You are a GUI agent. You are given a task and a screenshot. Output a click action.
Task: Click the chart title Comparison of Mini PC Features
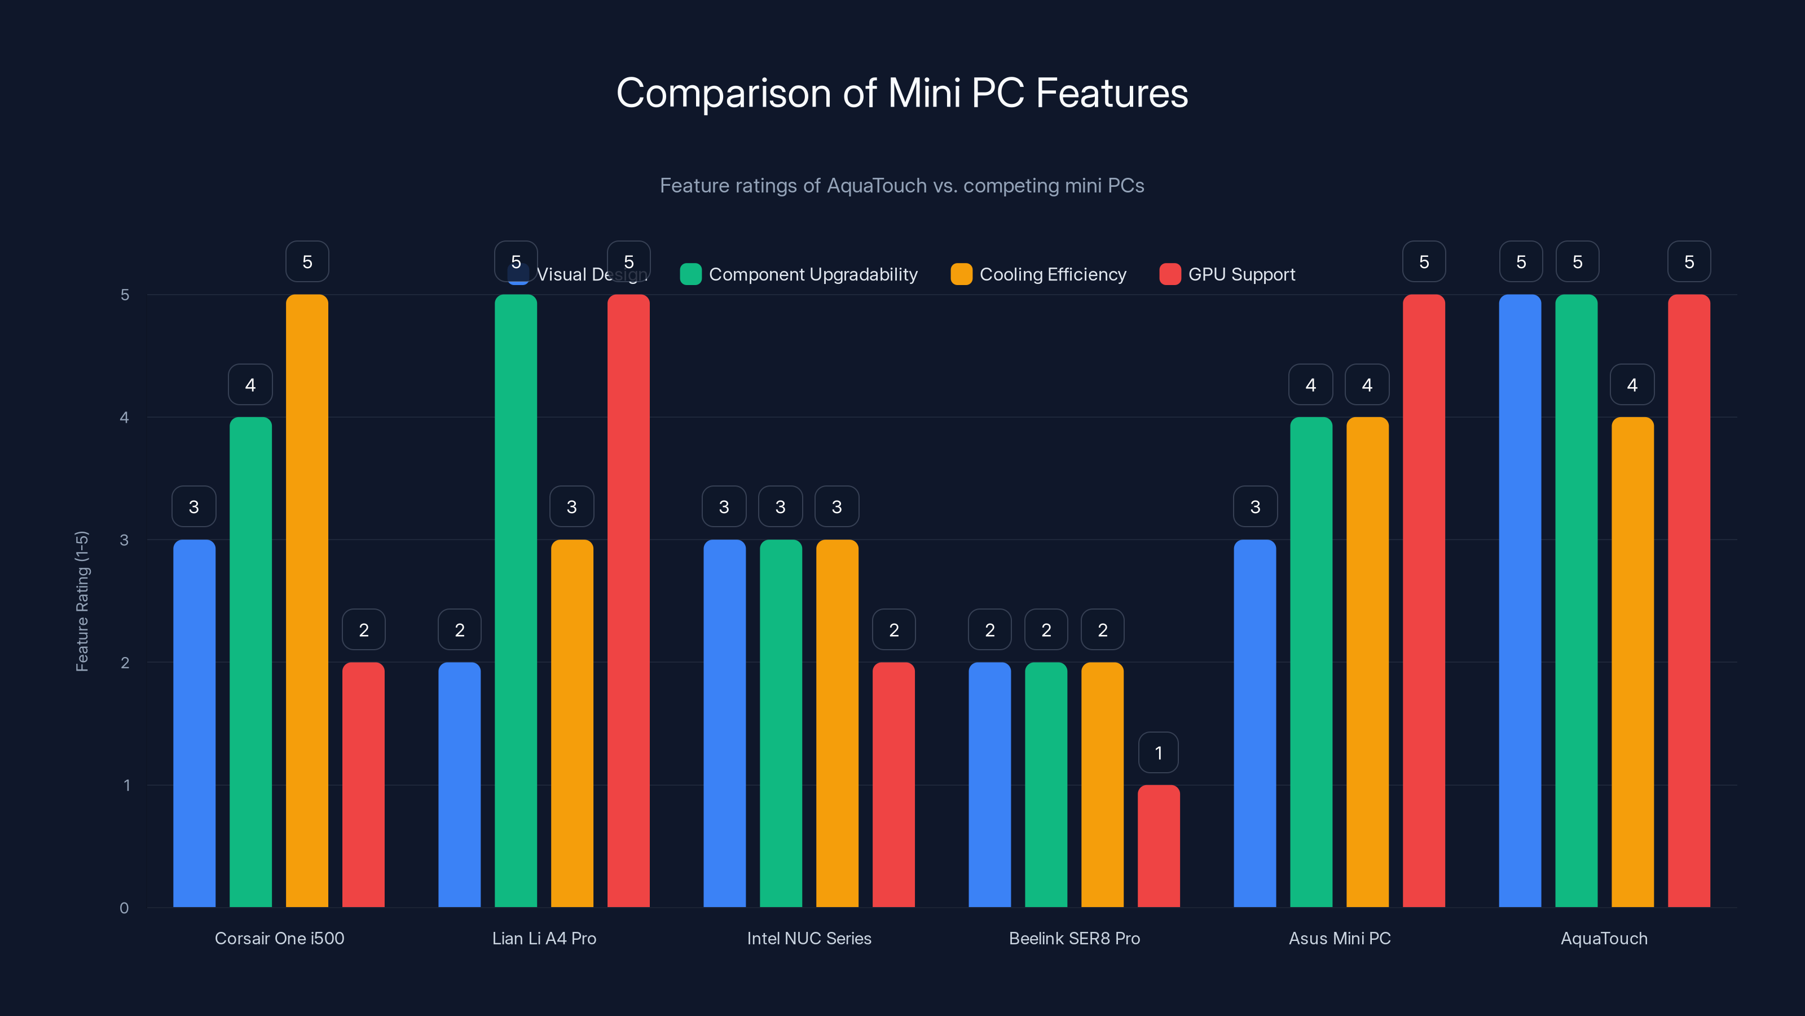click(902, 93)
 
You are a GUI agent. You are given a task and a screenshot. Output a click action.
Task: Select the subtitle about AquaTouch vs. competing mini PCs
click(902, 186)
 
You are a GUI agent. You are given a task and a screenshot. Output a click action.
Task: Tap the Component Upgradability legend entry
click(799, 274)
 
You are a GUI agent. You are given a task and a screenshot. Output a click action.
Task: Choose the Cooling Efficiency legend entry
click(1038, 274)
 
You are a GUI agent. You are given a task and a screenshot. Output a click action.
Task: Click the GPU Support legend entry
click(1227, 274)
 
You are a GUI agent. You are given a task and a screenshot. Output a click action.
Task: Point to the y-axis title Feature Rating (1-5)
click(82, 601)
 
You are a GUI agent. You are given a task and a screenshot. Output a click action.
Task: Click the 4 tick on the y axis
click(125, 418)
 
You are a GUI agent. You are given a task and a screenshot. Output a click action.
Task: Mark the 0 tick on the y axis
click(125, 908)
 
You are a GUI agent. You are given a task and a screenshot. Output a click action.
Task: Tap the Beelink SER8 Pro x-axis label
click(1074, 938)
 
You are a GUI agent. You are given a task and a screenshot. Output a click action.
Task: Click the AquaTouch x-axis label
click(1604, 938)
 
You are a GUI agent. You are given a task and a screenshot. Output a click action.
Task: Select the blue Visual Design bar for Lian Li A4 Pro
click(459, 785)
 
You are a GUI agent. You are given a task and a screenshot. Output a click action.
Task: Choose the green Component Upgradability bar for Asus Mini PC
click(1311, 662)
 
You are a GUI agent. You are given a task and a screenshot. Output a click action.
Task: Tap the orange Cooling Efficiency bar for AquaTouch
click(1632, 662)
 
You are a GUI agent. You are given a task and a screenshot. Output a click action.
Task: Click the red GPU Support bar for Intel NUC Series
click(893, 785)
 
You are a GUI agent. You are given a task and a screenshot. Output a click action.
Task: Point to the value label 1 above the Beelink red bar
click(1158, 753)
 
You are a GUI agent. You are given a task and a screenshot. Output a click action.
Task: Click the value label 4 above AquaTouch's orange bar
click(1632, 385)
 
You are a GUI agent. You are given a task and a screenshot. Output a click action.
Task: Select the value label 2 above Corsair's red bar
click(364, 630)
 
